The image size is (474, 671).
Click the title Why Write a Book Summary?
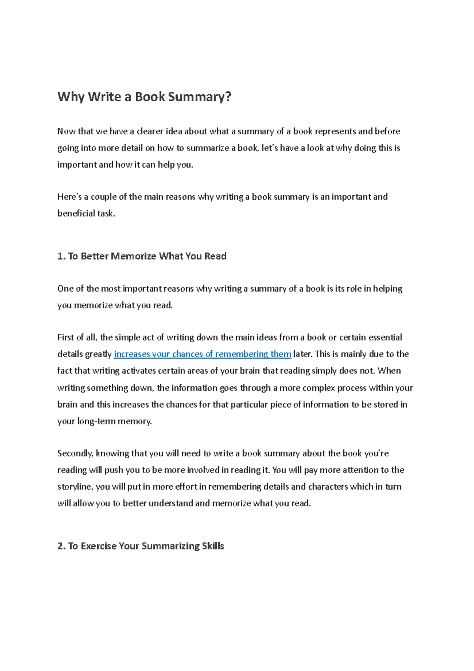[x=144, y=96]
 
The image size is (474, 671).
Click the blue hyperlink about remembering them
[x=202, y=354]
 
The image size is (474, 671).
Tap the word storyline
[x=75, y=486]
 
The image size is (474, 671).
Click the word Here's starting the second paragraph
[x=69, y=197]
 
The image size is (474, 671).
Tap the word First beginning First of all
[x=65, y=337]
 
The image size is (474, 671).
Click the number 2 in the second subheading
[x=60, y=546]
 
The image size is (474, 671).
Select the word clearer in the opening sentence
[x=150, y=131]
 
